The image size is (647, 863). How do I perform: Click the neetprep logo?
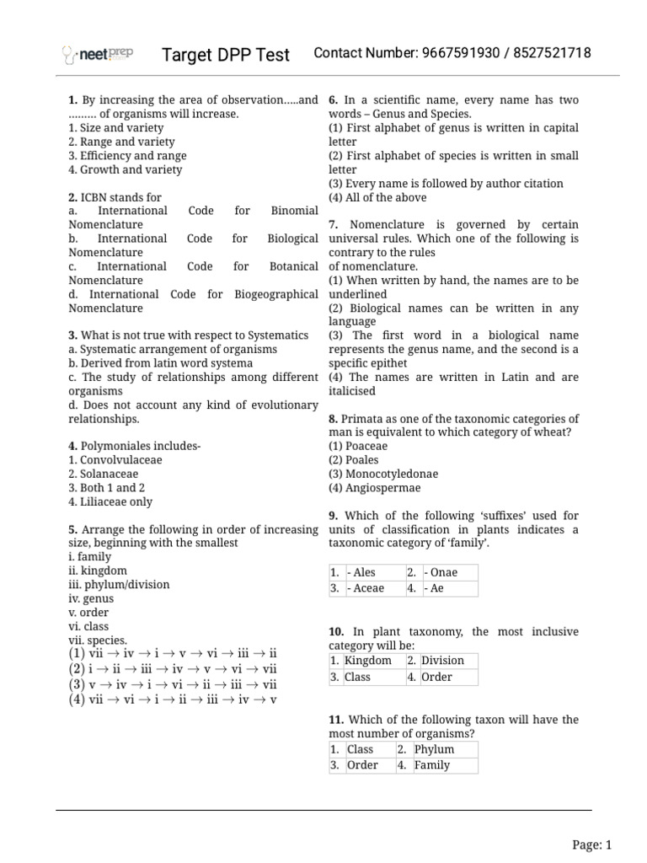pyautogui.click(x=99, y=55)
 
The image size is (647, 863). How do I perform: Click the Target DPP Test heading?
pyautogui.click(x=226, y=55)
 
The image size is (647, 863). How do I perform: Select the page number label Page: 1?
pyautogui.click(x=591, y=844)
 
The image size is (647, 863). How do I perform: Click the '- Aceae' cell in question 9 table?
pyautogui.click(x=365, y=588)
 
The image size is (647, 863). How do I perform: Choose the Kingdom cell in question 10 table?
pyautogui.click(x=368, y=661)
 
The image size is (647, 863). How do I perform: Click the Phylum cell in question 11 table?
pyautogui.click(x=434, y=749)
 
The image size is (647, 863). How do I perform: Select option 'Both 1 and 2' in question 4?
pyautogui.click(x=106, y=488)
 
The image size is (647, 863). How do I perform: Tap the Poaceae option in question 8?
pyautogui.click(x=358, y=446)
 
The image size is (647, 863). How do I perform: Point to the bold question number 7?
pyautogui.click(x=334, y=224)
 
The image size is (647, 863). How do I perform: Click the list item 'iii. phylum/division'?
pyautogui.click(x=119, y=584)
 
